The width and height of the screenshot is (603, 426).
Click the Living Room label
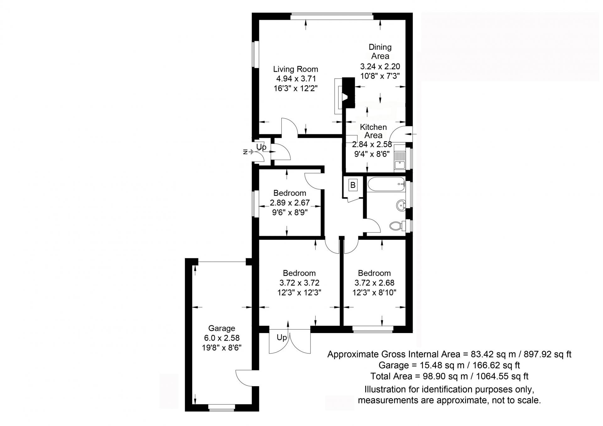tap(295, 69)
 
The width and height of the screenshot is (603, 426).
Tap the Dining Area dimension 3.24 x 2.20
tap(380, 67)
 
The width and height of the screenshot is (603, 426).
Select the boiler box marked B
tap(353, 185)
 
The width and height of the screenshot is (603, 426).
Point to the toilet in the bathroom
tap(396, 225)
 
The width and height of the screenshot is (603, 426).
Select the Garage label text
tap(221, 328)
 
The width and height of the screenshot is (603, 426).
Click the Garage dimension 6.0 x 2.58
tap(221, 338)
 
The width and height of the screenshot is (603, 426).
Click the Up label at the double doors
tap(282, 337)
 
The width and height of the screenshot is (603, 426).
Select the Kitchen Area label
tap(373, 131)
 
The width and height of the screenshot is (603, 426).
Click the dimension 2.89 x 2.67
tap(290, 203)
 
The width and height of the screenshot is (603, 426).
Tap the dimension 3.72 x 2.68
tap(374, 283)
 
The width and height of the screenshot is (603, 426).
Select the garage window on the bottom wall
tap(221, 407)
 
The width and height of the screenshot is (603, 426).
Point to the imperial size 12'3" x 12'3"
tap(299, 293)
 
